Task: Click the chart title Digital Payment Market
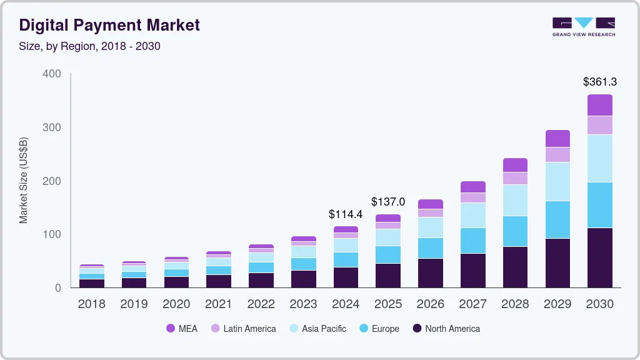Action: pos(109,25)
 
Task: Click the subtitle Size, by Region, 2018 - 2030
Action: pos(90,46)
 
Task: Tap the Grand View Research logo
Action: pos(583,27)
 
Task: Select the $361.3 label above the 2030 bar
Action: pos(600,82)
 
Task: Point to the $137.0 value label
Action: pos(388,202)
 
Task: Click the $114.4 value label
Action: pos(346,214)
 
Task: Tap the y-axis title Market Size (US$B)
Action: pos(24,181)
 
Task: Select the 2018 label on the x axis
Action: pos(91,304)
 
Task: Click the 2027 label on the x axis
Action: pos(473,304)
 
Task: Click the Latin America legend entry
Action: pos(243,329)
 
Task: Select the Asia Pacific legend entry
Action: pos(317,329)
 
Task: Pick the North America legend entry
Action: pos(446,329)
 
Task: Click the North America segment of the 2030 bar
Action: pos(600,257)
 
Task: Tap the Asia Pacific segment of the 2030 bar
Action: pos(600,158)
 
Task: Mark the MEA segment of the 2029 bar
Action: pos(557,138)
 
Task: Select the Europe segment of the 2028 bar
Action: pos(515,231)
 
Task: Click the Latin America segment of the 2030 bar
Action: pos(600,125)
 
